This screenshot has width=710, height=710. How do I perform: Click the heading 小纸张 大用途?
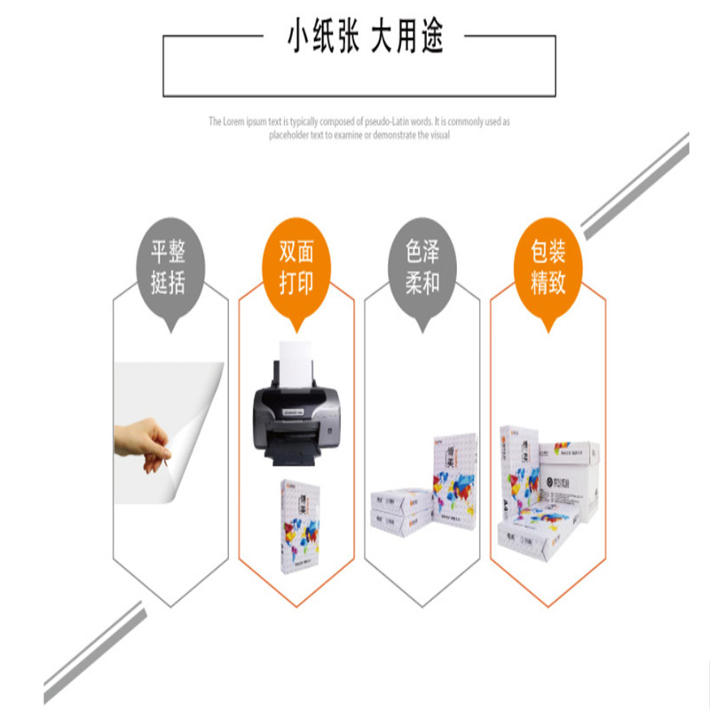click(x=365, y=38)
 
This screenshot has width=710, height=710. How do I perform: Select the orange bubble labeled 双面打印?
click(x=296, y=267)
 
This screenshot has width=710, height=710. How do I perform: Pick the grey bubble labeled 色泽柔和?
click(x=422, y=267)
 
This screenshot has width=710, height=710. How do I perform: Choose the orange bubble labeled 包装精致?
click(x=548, y=267)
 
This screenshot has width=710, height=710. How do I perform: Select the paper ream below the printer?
click(x=298, y=525)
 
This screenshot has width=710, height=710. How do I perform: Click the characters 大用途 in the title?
click(x=407, y=38)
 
